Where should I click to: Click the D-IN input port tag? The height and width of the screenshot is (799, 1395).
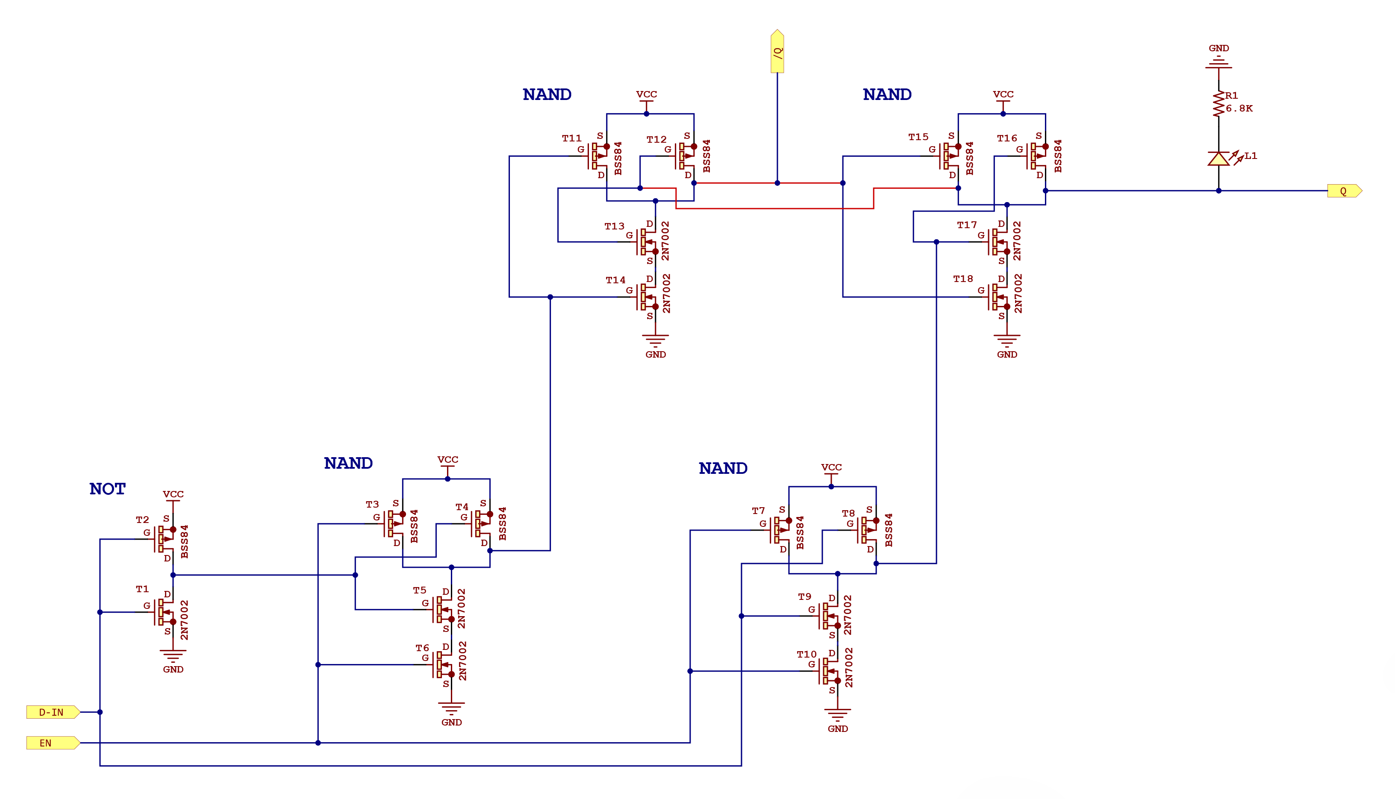52,712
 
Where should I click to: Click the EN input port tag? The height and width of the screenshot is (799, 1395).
52,743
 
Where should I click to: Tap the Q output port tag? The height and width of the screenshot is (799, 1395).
1343,191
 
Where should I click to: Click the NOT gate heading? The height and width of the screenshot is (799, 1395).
108,489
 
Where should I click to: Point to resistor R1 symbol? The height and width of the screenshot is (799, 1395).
1218,104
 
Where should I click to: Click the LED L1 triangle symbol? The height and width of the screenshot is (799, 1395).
1218,159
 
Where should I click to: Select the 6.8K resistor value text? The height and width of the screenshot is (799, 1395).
1239,109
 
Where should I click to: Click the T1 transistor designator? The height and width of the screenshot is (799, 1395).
142,589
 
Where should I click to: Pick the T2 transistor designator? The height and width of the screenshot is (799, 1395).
142,520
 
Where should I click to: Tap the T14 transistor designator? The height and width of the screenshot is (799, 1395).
615,280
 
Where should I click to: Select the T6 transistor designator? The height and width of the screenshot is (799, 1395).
422,648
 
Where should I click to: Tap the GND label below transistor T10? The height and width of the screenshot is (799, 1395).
837,729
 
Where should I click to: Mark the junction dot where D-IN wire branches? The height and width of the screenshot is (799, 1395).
100,712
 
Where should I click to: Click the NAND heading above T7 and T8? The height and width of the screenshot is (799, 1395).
723,469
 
